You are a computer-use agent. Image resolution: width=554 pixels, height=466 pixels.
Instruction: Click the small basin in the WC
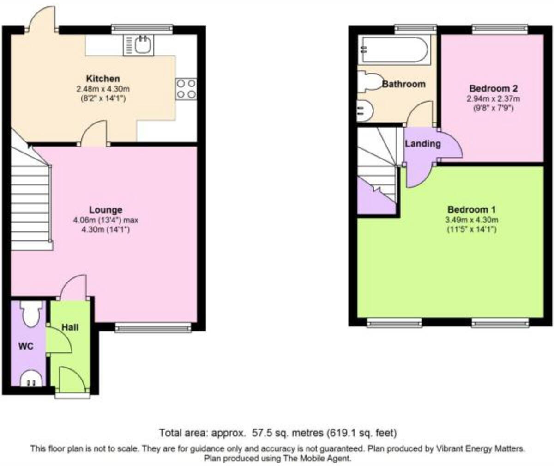click(31, 378)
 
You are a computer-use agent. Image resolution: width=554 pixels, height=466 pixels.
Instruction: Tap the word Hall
click(70, 327)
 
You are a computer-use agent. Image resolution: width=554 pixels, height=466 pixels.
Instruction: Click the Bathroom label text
click(403, 84)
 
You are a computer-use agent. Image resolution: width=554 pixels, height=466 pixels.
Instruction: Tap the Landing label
click(422, 144)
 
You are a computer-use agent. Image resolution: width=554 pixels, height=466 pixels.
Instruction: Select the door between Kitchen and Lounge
click(94, 134)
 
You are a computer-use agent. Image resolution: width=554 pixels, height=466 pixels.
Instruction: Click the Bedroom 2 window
click(500, 29)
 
